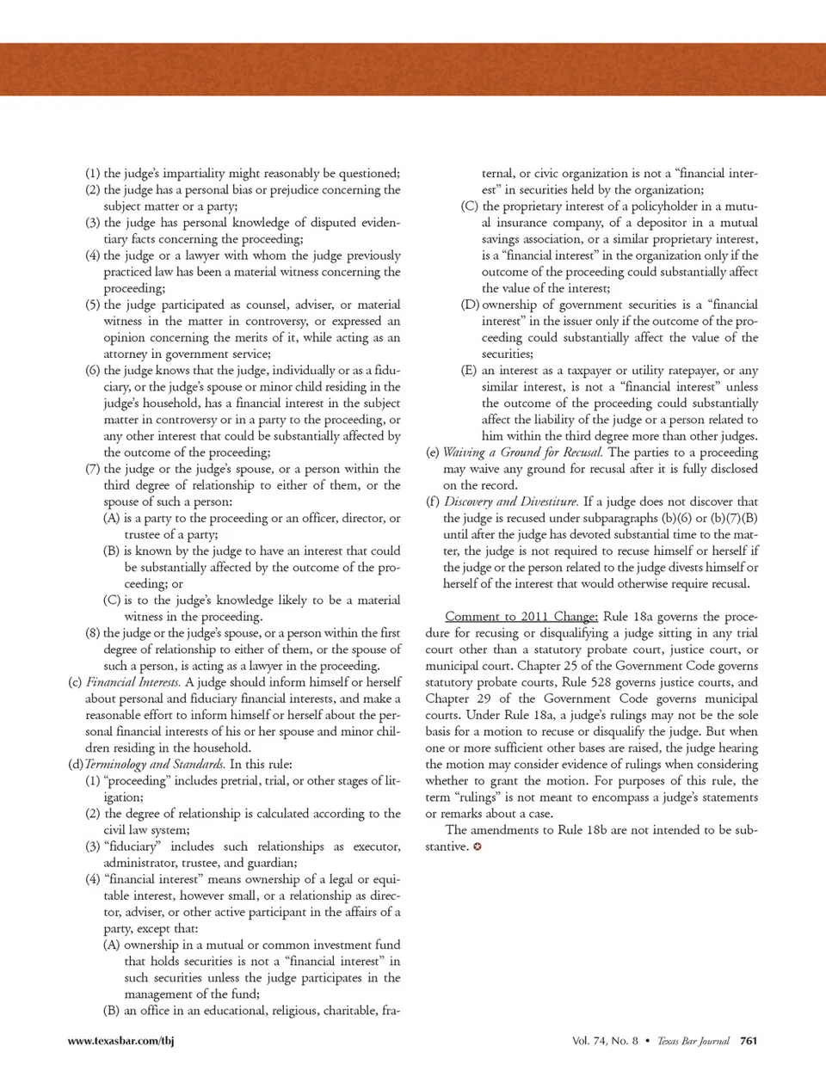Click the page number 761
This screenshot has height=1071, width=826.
coord(749,1041)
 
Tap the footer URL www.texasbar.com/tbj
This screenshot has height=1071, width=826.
coord(120,1041)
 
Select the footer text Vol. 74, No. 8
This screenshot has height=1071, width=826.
coord(605,1041)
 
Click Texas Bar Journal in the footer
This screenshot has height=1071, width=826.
coord(693,1041)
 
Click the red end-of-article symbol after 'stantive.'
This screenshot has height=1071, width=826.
coord(478,847)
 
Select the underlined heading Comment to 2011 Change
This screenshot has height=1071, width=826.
coord(521,617)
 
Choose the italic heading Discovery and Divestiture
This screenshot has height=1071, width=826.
coord(511,502)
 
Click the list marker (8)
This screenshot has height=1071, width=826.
coord(93,633)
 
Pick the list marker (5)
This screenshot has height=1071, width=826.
coord(93,305)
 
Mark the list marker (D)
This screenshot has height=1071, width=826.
coord(470,305)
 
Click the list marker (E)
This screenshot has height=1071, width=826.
coord(470,371)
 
